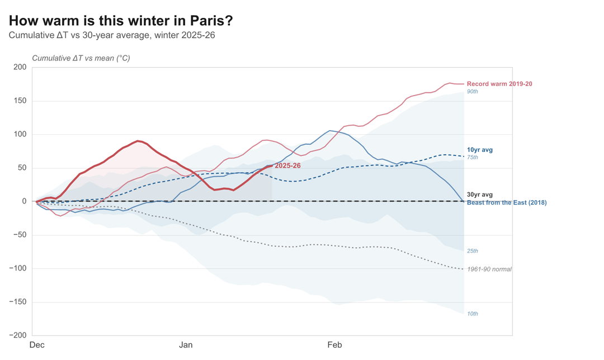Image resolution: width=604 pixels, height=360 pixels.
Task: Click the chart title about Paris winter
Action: point(121,21)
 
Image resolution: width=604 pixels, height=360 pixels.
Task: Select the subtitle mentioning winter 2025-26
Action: point(112,35)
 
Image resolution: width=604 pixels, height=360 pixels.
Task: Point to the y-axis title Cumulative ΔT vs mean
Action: point(81,58)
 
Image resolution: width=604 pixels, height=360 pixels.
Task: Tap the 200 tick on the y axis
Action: point(20,68)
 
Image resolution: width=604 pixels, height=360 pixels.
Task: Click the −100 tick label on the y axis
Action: point(18,269)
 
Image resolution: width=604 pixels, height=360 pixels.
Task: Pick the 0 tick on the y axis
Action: point(24,202)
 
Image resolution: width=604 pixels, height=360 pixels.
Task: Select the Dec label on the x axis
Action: point(37,345)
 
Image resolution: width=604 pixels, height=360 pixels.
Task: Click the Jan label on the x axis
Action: point(186,345)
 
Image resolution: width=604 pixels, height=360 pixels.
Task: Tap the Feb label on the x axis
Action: point(334,345)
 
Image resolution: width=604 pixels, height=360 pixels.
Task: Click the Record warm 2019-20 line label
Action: point(499,84)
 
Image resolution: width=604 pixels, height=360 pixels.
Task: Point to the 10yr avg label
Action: point(480,150)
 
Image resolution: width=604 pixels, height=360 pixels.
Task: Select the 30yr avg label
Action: point(480,195)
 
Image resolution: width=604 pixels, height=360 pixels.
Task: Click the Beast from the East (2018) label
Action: point(507,202)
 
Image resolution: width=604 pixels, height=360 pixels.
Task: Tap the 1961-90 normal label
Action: point(489,269)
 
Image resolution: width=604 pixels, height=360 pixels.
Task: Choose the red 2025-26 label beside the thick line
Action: point(287,166)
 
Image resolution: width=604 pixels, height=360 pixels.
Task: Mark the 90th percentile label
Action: point(473,91)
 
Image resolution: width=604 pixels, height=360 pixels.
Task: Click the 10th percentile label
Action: point(473,314)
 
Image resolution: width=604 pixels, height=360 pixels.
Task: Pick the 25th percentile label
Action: point(473,251)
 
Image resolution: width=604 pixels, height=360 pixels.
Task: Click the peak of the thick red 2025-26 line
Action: point(138,141)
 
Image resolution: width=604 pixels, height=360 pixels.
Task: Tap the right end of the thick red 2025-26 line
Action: point(272,165)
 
